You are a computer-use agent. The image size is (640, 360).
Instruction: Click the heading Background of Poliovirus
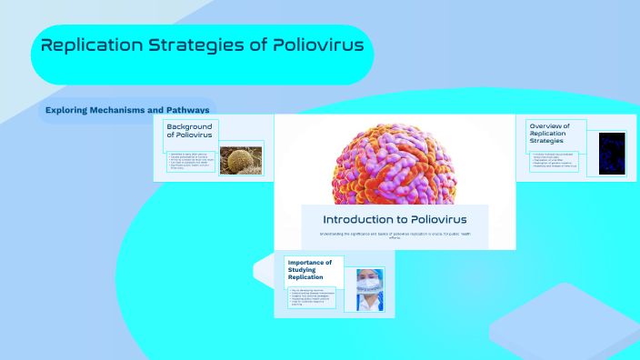[x=188, y=129]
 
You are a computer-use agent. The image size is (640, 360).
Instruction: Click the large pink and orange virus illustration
[x=395, y=160]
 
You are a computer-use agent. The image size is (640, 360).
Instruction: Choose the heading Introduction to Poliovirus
[x=395, y=219]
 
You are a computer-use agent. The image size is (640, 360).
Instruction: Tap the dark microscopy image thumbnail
[x=612, y=153]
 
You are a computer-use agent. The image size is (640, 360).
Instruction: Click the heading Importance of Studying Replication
[x=309, y=270]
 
